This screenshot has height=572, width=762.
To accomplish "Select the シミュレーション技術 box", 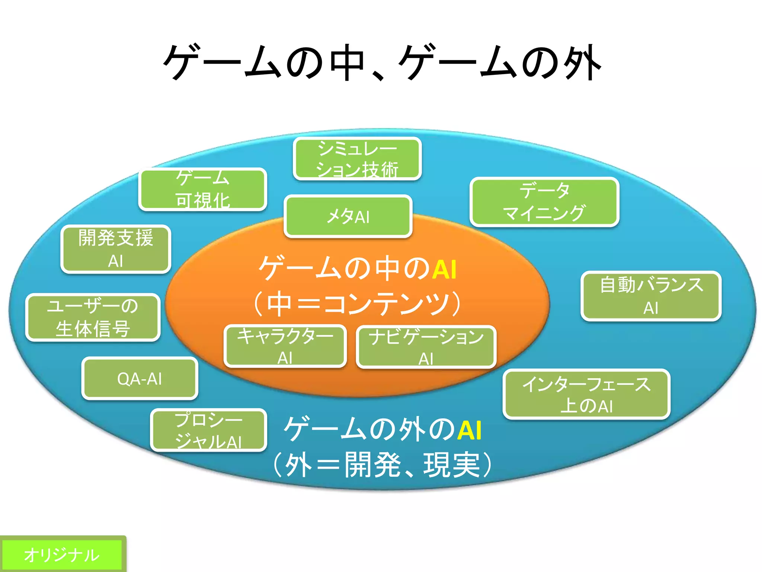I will point(357,159).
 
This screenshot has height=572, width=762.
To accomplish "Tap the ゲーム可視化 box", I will point(203,189).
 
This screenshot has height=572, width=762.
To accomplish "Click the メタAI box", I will point(348,216).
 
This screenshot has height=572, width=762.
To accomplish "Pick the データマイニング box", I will point(544,202).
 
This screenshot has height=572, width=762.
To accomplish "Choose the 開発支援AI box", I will point(116,249).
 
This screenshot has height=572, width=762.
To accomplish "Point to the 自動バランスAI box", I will point(651,296).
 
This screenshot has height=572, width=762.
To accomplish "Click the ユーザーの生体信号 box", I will point(93,317).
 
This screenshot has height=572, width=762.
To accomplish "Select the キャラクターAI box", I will point(285,346).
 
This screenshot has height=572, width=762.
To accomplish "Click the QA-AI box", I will point(140,379).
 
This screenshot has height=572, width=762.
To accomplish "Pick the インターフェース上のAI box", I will point(586,394).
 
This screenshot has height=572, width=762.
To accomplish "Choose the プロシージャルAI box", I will point(209,430).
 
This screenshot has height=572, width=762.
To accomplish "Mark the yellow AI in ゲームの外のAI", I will point(470,430).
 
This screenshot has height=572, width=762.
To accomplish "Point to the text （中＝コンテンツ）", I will point(357,304).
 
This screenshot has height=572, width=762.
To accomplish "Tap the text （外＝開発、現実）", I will point(382,464).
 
